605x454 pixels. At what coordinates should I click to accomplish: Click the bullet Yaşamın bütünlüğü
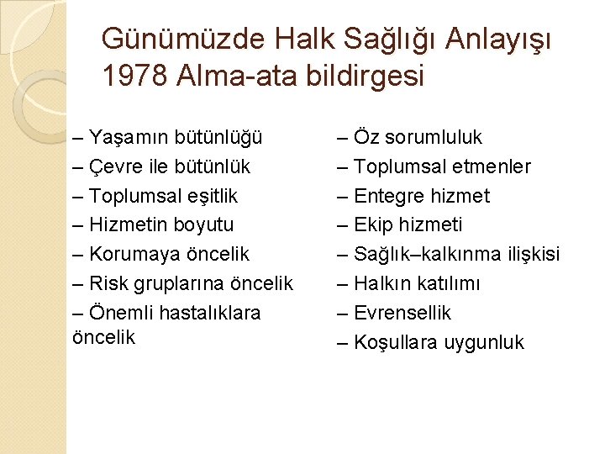pyautogui.click(x=168, y=137)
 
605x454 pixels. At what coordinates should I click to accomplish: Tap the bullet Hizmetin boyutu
pyautogui.click(x=153, y=225)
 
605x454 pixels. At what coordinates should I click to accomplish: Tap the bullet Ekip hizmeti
pyautogui.click(x=411, y=225)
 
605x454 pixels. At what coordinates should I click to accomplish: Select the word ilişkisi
pyautogui.click(x=529, y=254)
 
